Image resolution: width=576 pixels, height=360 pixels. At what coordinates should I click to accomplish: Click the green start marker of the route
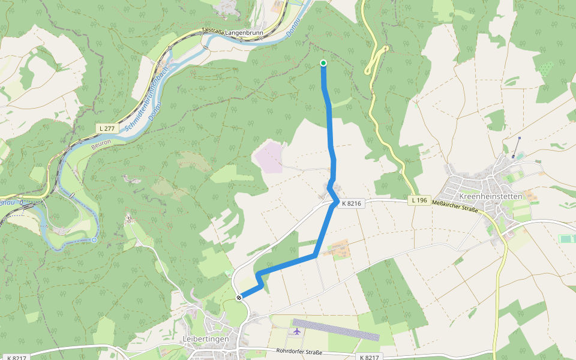pos(323,63)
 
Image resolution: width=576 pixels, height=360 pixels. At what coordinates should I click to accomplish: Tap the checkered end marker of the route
pos(239,297)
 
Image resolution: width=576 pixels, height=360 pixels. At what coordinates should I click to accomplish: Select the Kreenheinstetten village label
pos(490,196)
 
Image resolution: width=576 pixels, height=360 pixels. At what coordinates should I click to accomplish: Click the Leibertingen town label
pos(205,339)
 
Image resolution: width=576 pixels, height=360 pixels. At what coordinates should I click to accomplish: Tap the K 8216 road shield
pos(351,203)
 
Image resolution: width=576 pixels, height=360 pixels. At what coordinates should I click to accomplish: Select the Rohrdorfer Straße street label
pos(299,352)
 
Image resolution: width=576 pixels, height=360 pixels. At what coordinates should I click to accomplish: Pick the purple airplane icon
pos(297,331)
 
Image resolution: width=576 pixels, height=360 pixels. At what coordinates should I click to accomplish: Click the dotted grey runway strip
pos(336,329)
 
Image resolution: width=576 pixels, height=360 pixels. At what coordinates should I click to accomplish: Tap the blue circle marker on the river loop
pos(94,240)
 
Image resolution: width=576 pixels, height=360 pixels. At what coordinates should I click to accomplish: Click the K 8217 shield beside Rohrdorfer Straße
pos(368,357)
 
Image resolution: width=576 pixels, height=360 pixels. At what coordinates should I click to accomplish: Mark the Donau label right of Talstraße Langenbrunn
pos(292,27)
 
